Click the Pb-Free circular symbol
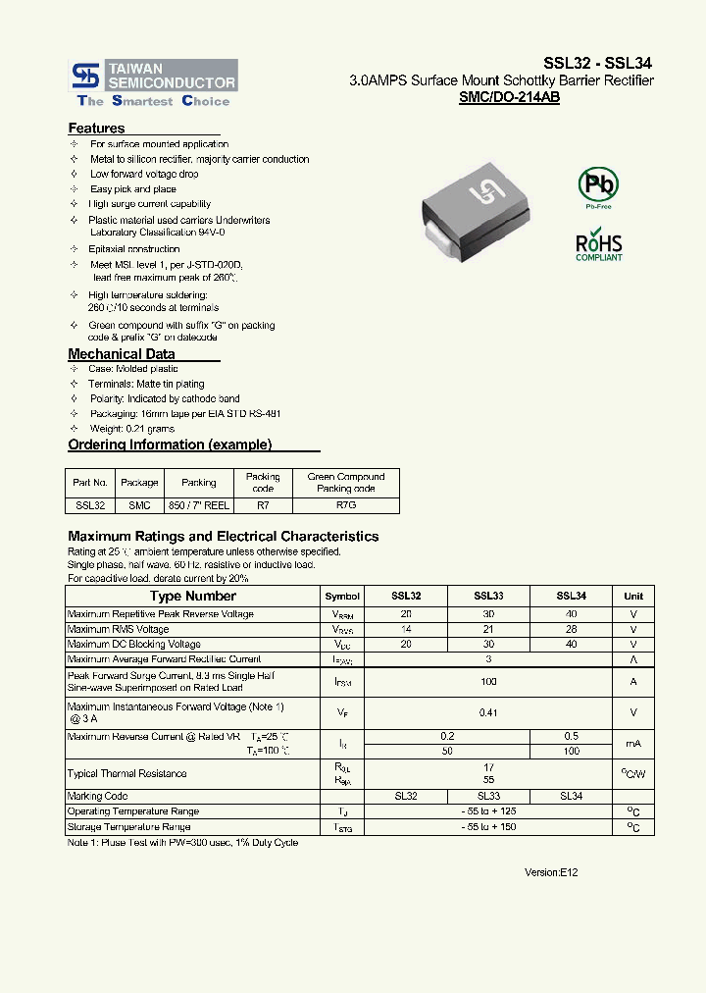point(597,185)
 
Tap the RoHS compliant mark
point(598,245)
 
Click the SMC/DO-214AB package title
point(509,98)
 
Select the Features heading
point(96,129)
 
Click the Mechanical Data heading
point(122,354)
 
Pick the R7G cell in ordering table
point(346,504)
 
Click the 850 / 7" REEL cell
point(199,504)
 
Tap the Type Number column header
point(193,596)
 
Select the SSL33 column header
point(488,596)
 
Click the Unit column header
point(633,596)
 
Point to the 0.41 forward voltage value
point(488,713)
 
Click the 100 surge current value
point(488,681)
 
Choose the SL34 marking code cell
point(571,796)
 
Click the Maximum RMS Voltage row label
point(119,629)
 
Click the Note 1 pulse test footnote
point(182,843)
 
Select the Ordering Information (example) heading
point(170,444)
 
